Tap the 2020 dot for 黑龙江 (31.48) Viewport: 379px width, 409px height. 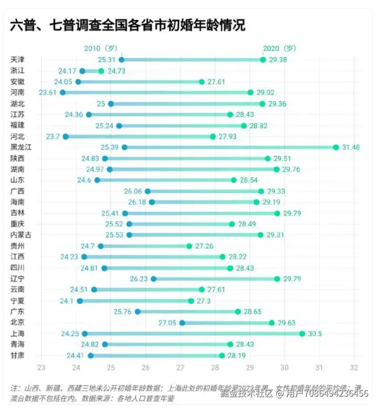tap(336, 147)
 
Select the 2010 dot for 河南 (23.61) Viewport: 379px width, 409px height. tap(63, 92)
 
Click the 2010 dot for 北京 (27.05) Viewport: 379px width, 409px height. tap(182, 322)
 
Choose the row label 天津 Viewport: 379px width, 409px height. tap(17, 60)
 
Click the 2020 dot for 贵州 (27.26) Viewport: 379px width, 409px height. tap(189, 246)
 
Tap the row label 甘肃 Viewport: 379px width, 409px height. tap(17, 355)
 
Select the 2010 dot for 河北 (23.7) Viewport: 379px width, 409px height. tap(65, 137)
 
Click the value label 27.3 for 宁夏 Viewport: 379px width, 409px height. tap(205, 301)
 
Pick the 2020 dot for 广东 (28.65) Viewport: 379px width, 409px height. tap(238, 312)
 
